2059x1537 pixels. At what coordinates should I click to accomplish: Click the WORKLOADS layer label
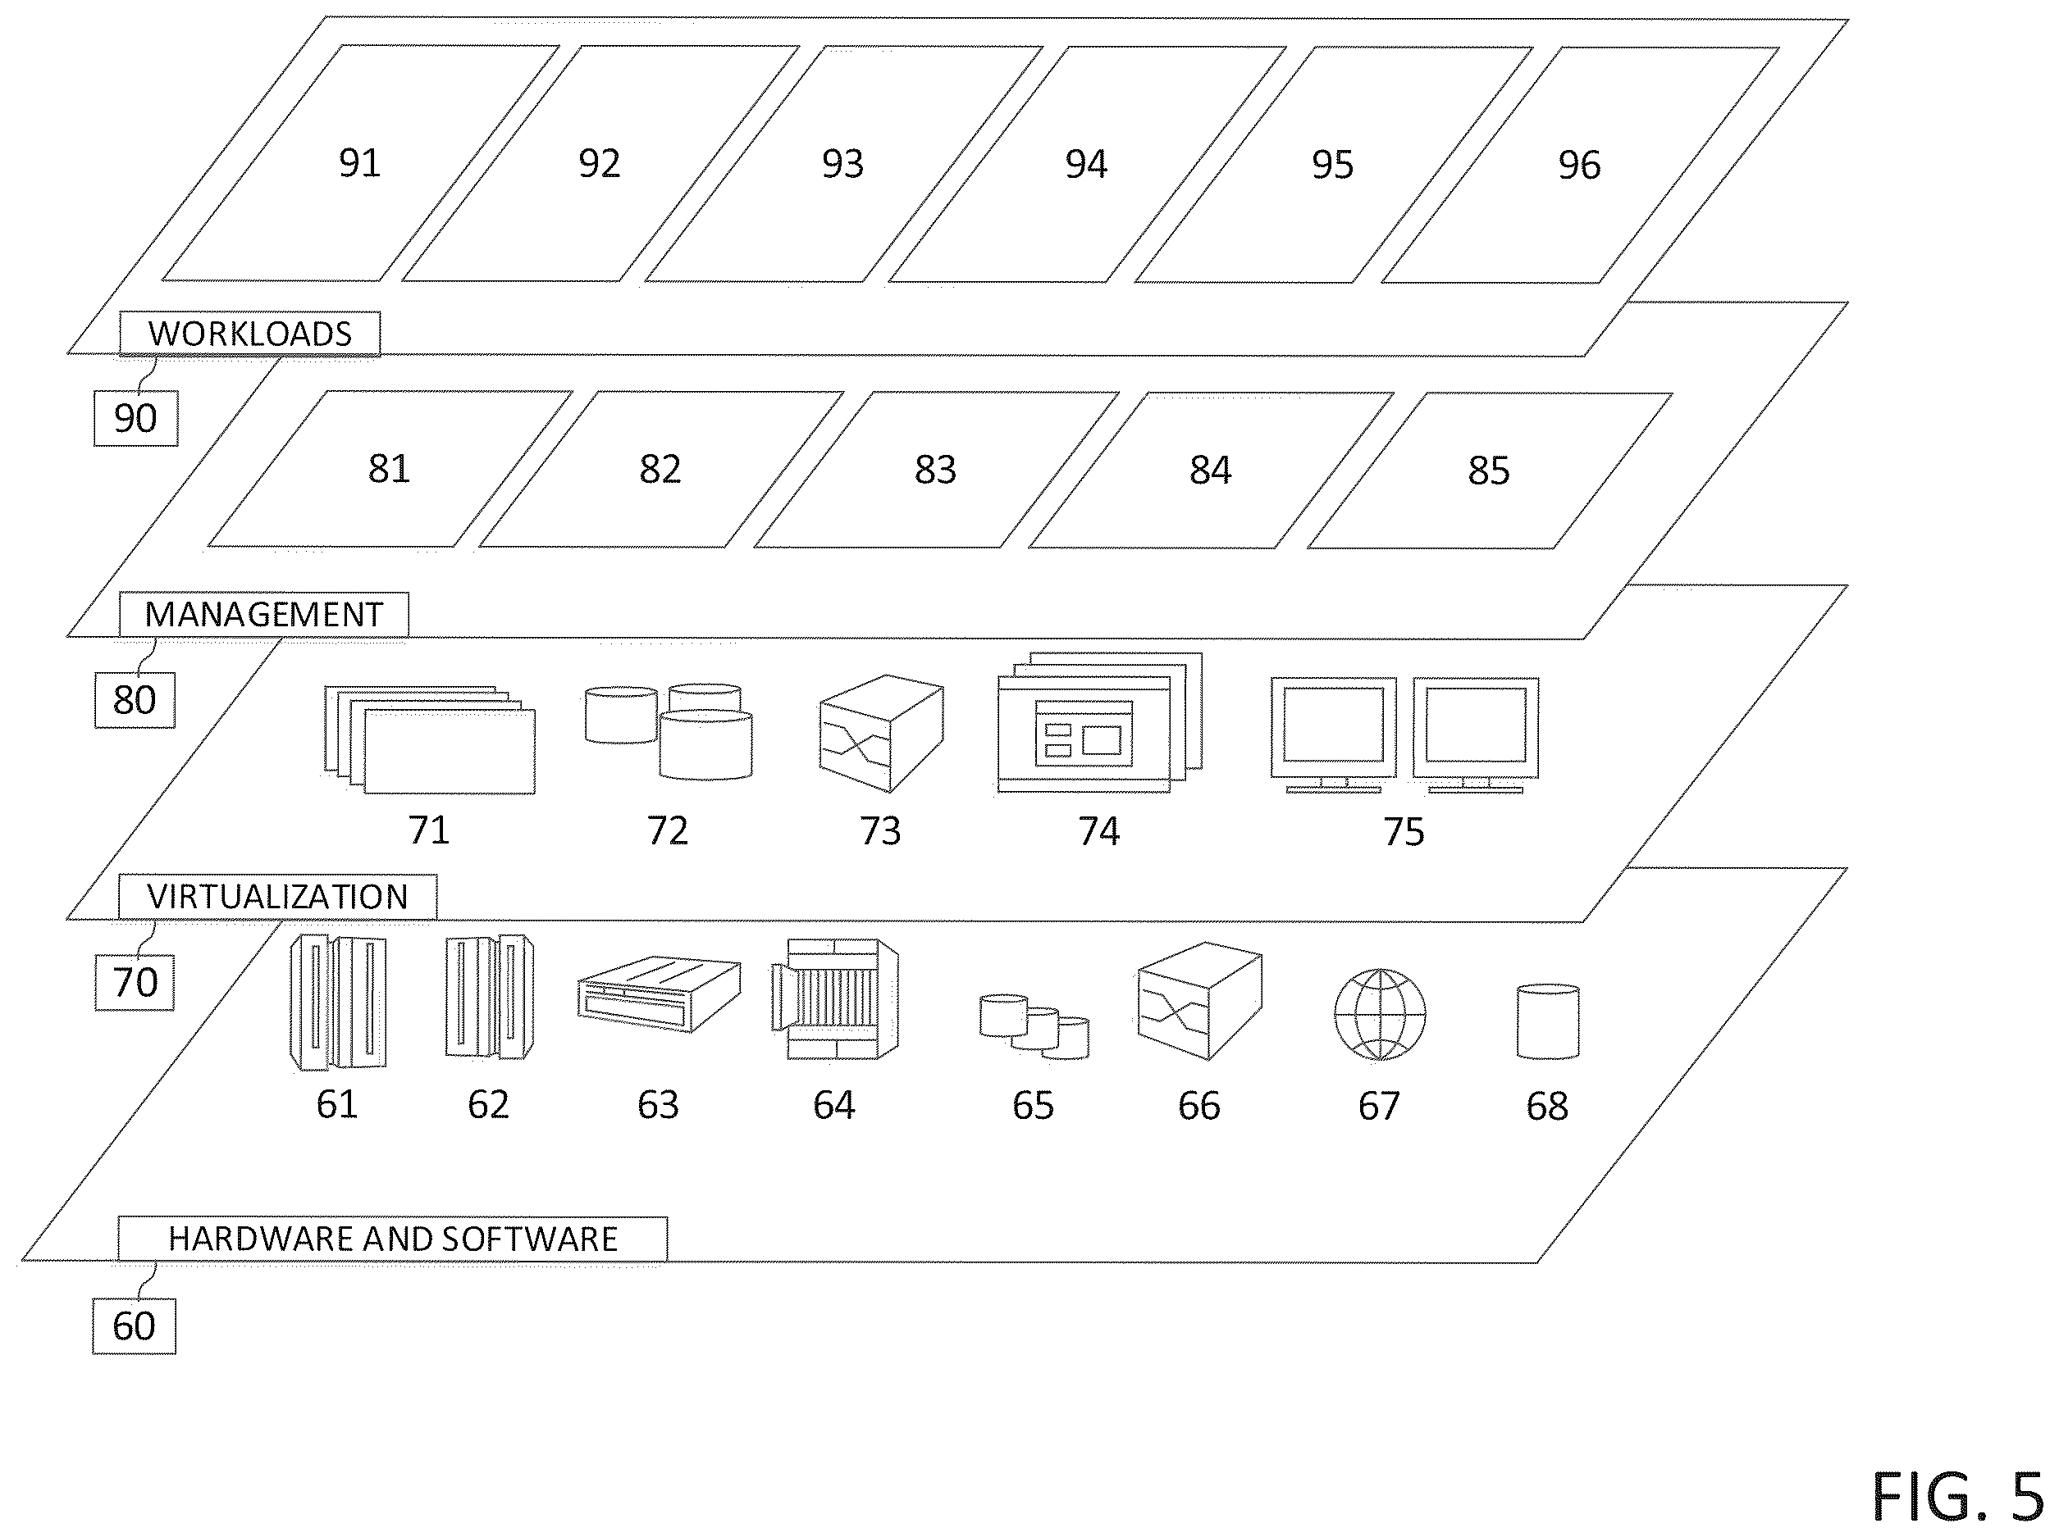point(249,333)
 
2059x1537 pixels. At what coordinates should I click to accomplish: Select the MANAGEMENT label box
point(263,614)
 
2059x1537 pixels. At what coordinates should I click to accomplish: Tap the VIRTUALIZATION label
point(277,897)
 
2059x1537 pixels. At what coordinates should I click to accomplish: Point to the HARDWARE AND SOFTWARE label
point(392,1239)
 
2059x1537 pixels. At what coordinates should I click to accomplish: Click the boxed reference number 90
point(136,419)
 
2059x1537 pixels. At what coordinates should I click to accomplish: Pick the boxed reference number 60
point(134,1326)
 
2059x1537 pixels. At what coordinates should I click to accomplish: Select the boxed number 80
point(135,701)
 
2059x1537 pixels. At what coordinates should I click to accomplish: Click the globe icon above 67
point(1380,1014)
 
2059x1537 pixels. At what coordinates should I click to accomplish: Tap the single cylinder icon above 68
point(1548,1021)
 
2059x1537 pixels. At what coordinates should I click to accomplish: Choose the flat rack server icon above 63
point(659,994)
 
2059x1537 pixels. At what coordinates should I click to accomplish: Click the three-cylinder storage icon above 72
point(669,732)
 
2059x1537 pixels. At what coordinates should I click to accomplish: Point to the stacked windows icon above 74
point(1099,723)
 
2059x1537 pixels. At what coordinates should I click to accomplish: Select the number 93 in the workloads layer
point(842,164)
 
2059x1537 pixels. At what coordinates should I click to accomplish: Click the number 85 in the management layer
point(1488,471)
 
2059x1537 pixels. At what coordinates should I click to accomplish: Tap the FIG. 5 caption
point(1956,1497)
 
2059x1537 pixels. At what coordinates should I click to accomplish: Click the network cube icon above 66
point(1200,1001)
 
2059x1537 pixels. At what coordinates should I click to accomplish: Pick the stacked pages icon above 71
point(430,739)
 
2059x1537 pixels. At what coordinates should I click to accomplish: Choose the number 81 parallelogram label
point(389,469)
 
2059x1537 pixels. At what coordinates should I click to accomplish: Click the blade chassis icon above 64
point(835,998)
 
